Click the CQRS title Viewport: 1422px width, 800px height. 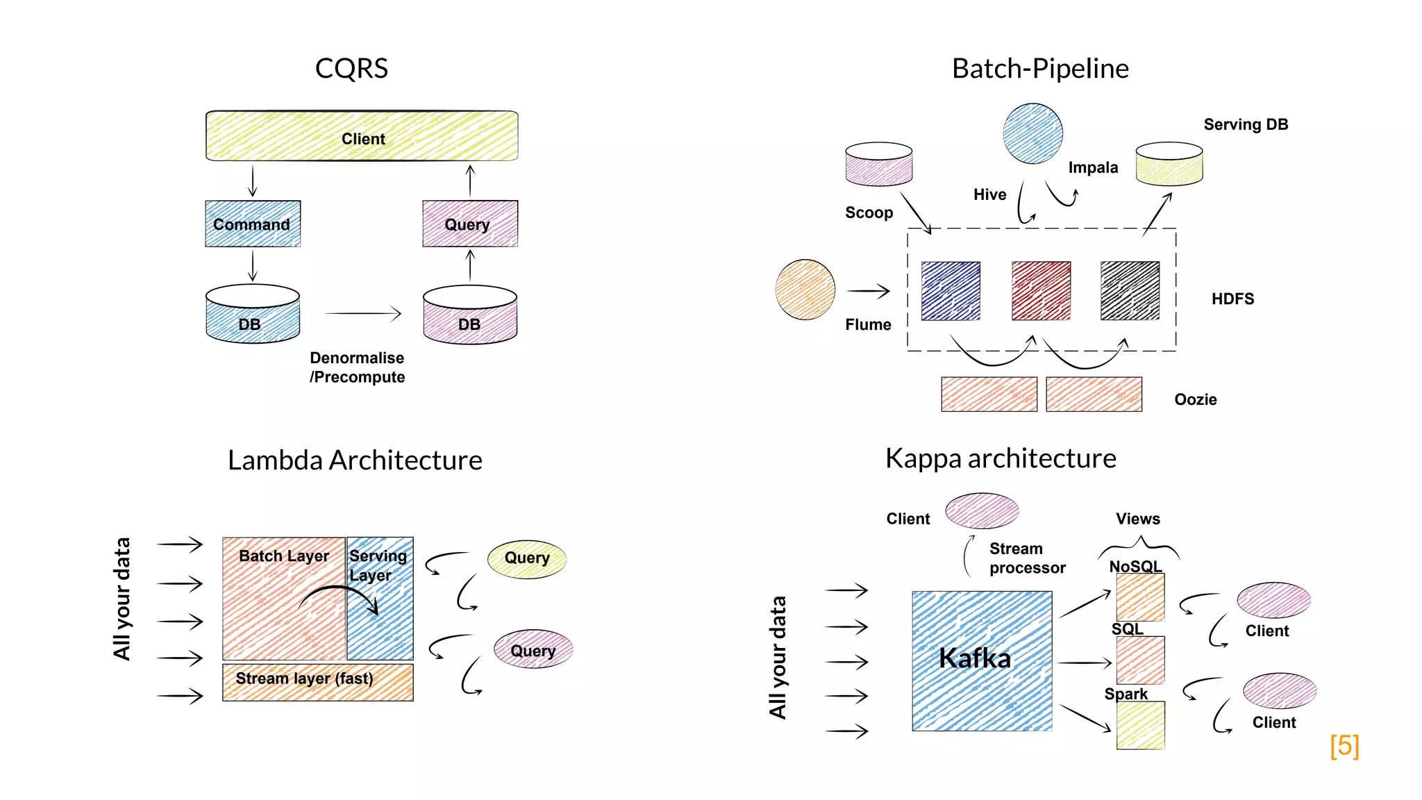pyautogui.click(x=351, y=68)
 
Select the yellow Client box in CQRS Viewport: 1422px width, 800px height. pyautogui.click(x=362, y=137)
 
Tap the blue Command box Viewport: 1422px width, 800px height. pyautogui.click(x=253, y=224)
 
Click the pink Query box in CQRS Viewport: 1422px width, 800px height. pyautogui.click(x=470, y=224)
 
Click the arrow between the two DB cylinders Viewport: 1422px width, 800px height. pyautogui.click(x=362, y=314)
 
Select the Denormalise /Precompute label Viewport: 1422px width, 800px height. pyautogui.click(x=357, y=367)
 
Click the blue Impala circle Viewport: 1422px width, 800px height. pyautogui.click(x=1032, y=133)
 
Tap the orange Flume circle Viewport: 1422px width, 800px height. pyautogui.click(x=805, y=290)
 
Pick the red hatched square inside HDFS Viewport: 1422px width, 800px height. pyautogui.click(x=1041, y=290)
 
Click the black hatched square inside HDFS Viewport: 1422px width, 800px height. pyautogui.click(x=1130, y=290)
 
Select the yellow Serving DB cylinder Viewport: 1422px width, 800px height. pyautogui.click(x=1169, y=165)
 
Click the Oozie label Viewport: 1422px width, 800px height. pyautogui.click(x=1195, y=399)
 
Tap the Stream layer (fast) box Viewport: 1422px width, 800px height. pyautogui.click(x=317, y=681)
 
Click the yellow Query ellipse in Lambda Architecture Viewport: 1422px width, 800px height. pyautogui.click(x=527, y=559)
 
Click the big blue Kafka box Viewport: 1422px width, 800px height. pyautogui.click(x=982, y=660)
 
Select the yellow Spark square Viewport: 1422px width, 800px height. pyautogui.click(x=1140, y=725)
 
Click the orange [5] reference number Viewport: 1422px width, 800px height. pyautogui.click(x=1344, y=746)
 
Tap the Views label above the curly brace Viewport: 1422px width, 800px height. pyautogui.click(x=1137, y=519)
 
